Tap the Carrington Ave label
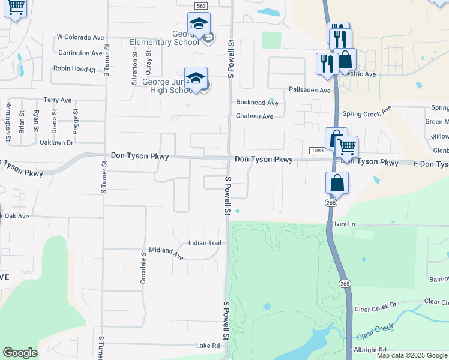tap(80, 53)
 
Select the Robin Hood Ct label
tap(74, 69)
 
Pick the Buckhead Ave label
tap(258, 103)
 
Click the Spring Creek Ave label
tap(366, 113)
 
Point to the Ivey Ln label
tap(345, 224)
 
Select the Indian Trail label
tap(205, 243)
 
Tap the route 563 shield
tap(201, 5)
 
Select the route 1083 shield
tap(318, 149)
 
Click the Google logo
tap(20, 353)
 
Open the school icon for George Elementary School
tap(199, 23)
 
